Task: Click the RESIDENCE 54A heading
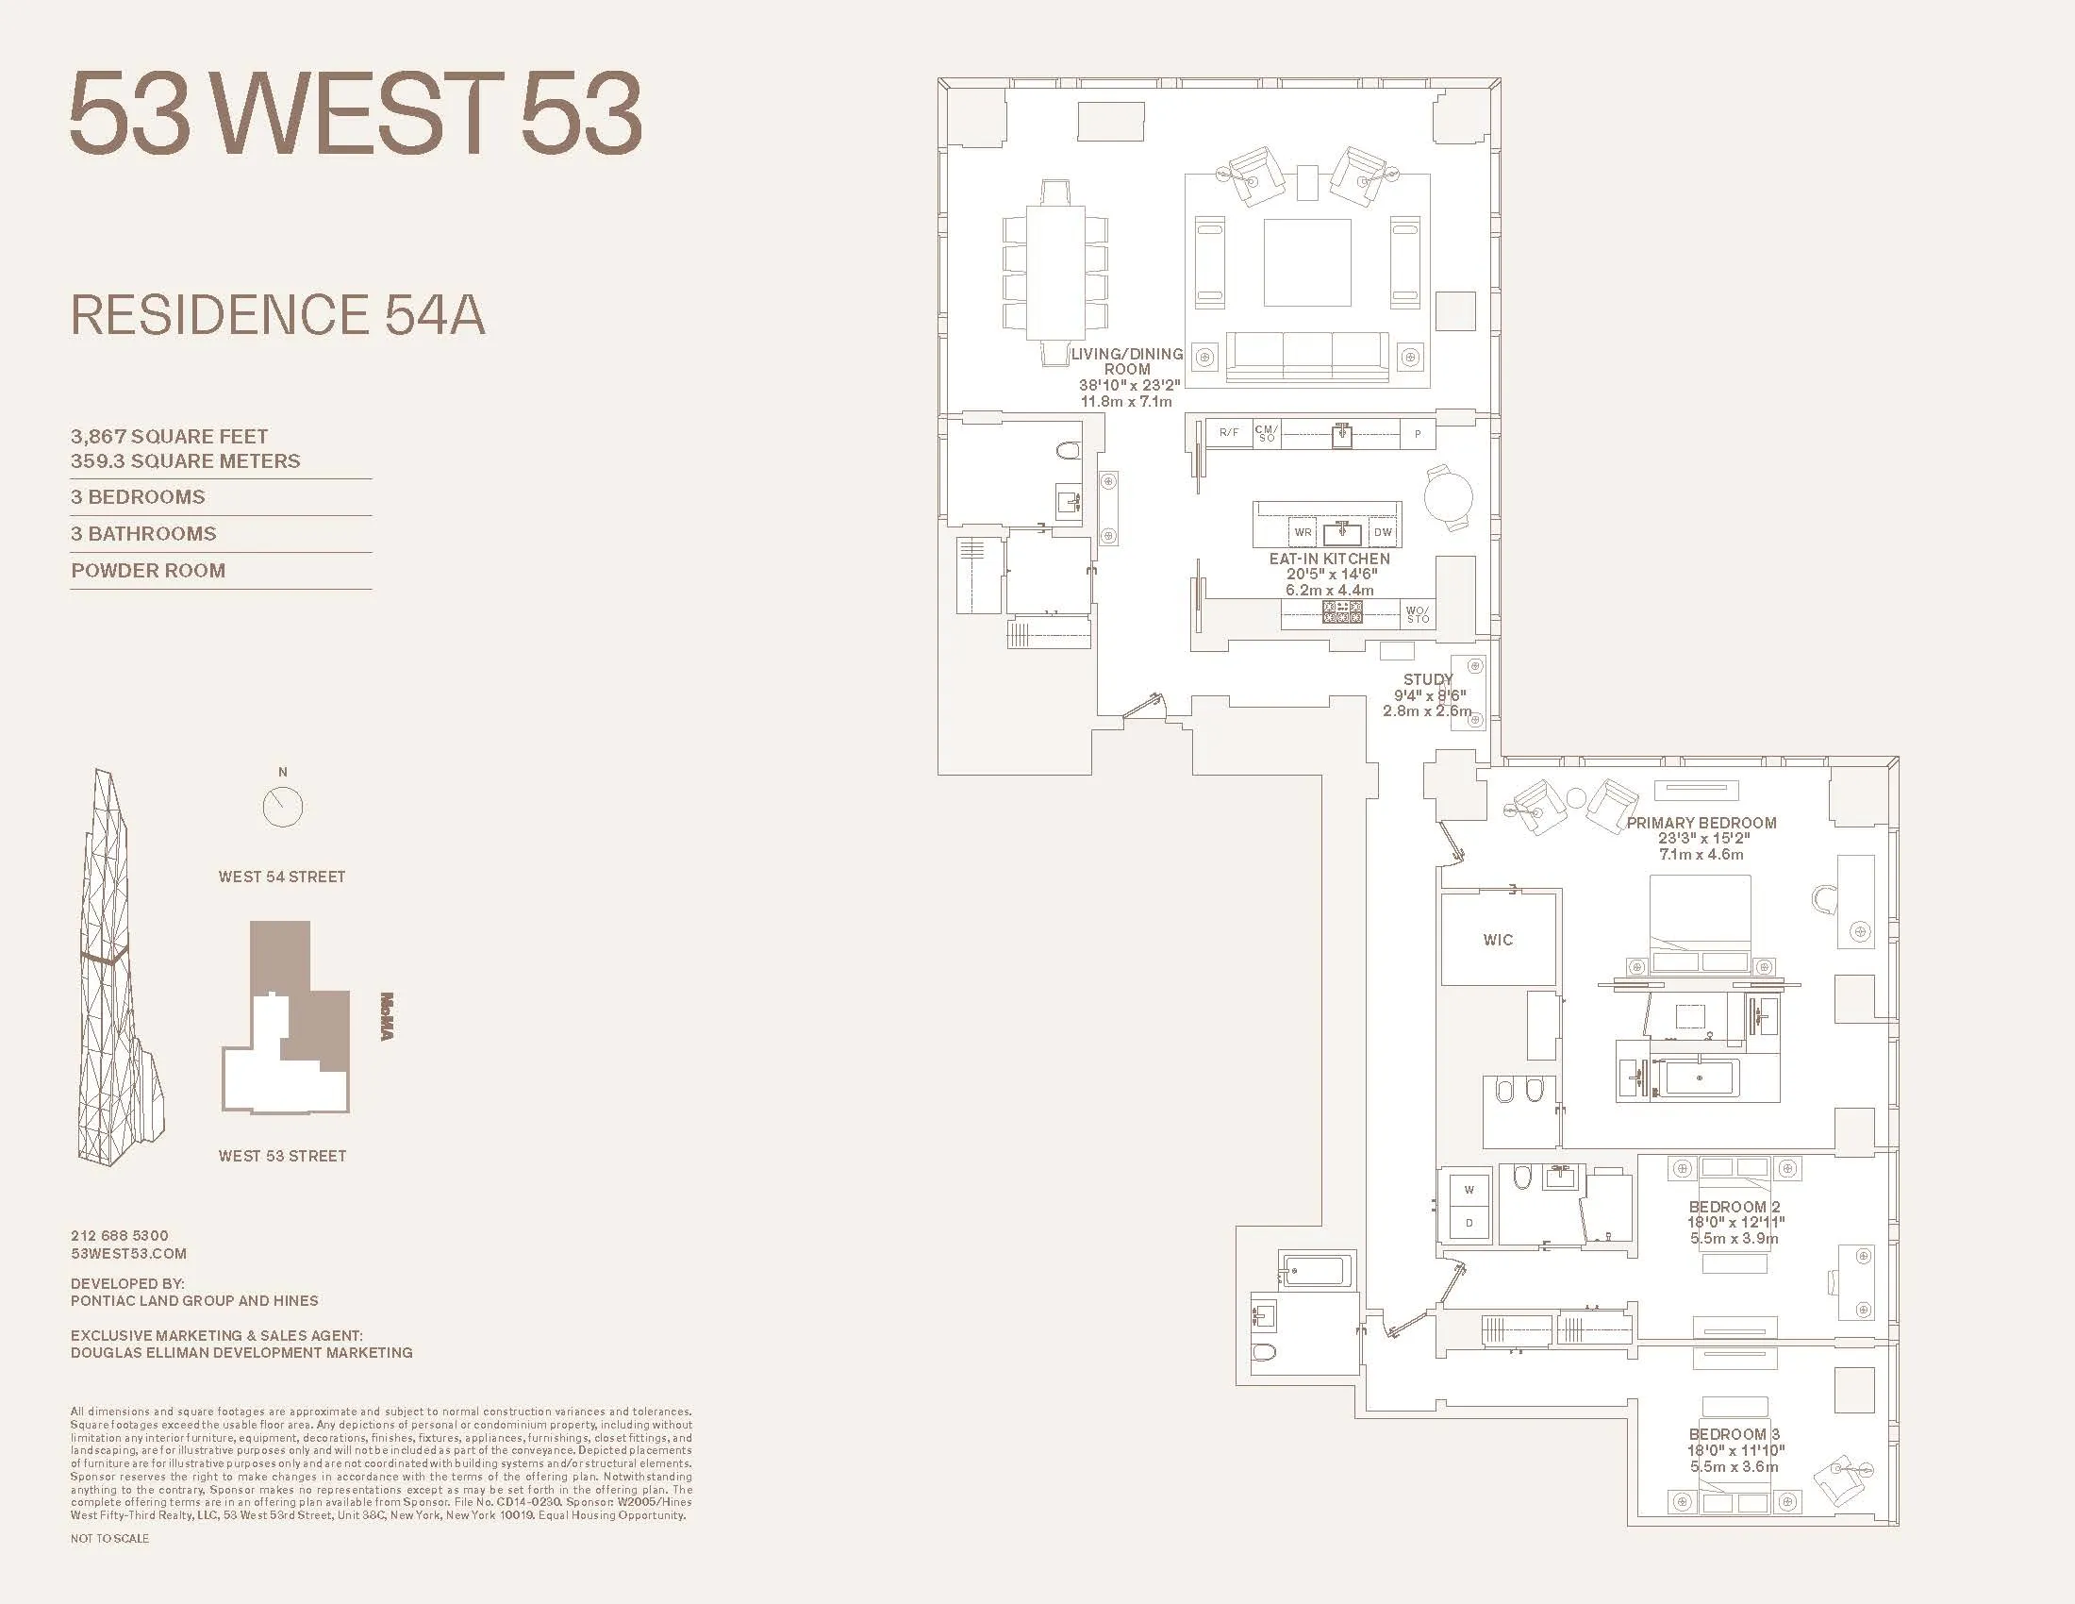tap(277, 315)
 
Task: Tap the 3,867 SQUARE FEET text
tap(169, 437)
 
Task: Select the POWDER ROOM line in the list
tap(148, 571)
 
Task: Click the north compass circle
tap(282, 808)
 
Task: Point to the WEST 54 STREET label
tap(282, 877)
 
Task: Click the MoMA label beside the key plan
tap(387, 1016)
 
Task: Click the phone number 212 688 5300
tap(120, 1236)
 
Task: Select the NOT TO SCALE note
tap(109, 1539)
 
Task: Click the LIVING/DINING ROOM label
tap(1127, 361)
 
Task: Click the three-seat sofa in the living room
tap(1307, 357)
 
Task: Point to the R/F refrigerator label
tap(1228, 432)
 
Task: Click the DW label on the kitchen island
tap(1383, 532)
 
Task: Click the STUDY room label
tap(1428, 679)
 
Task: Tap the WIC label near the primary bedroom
tap(1498, 940)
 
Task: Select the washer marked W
tap(1469, 1190)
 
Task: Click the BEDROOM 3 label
tap(1735, 1434)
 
